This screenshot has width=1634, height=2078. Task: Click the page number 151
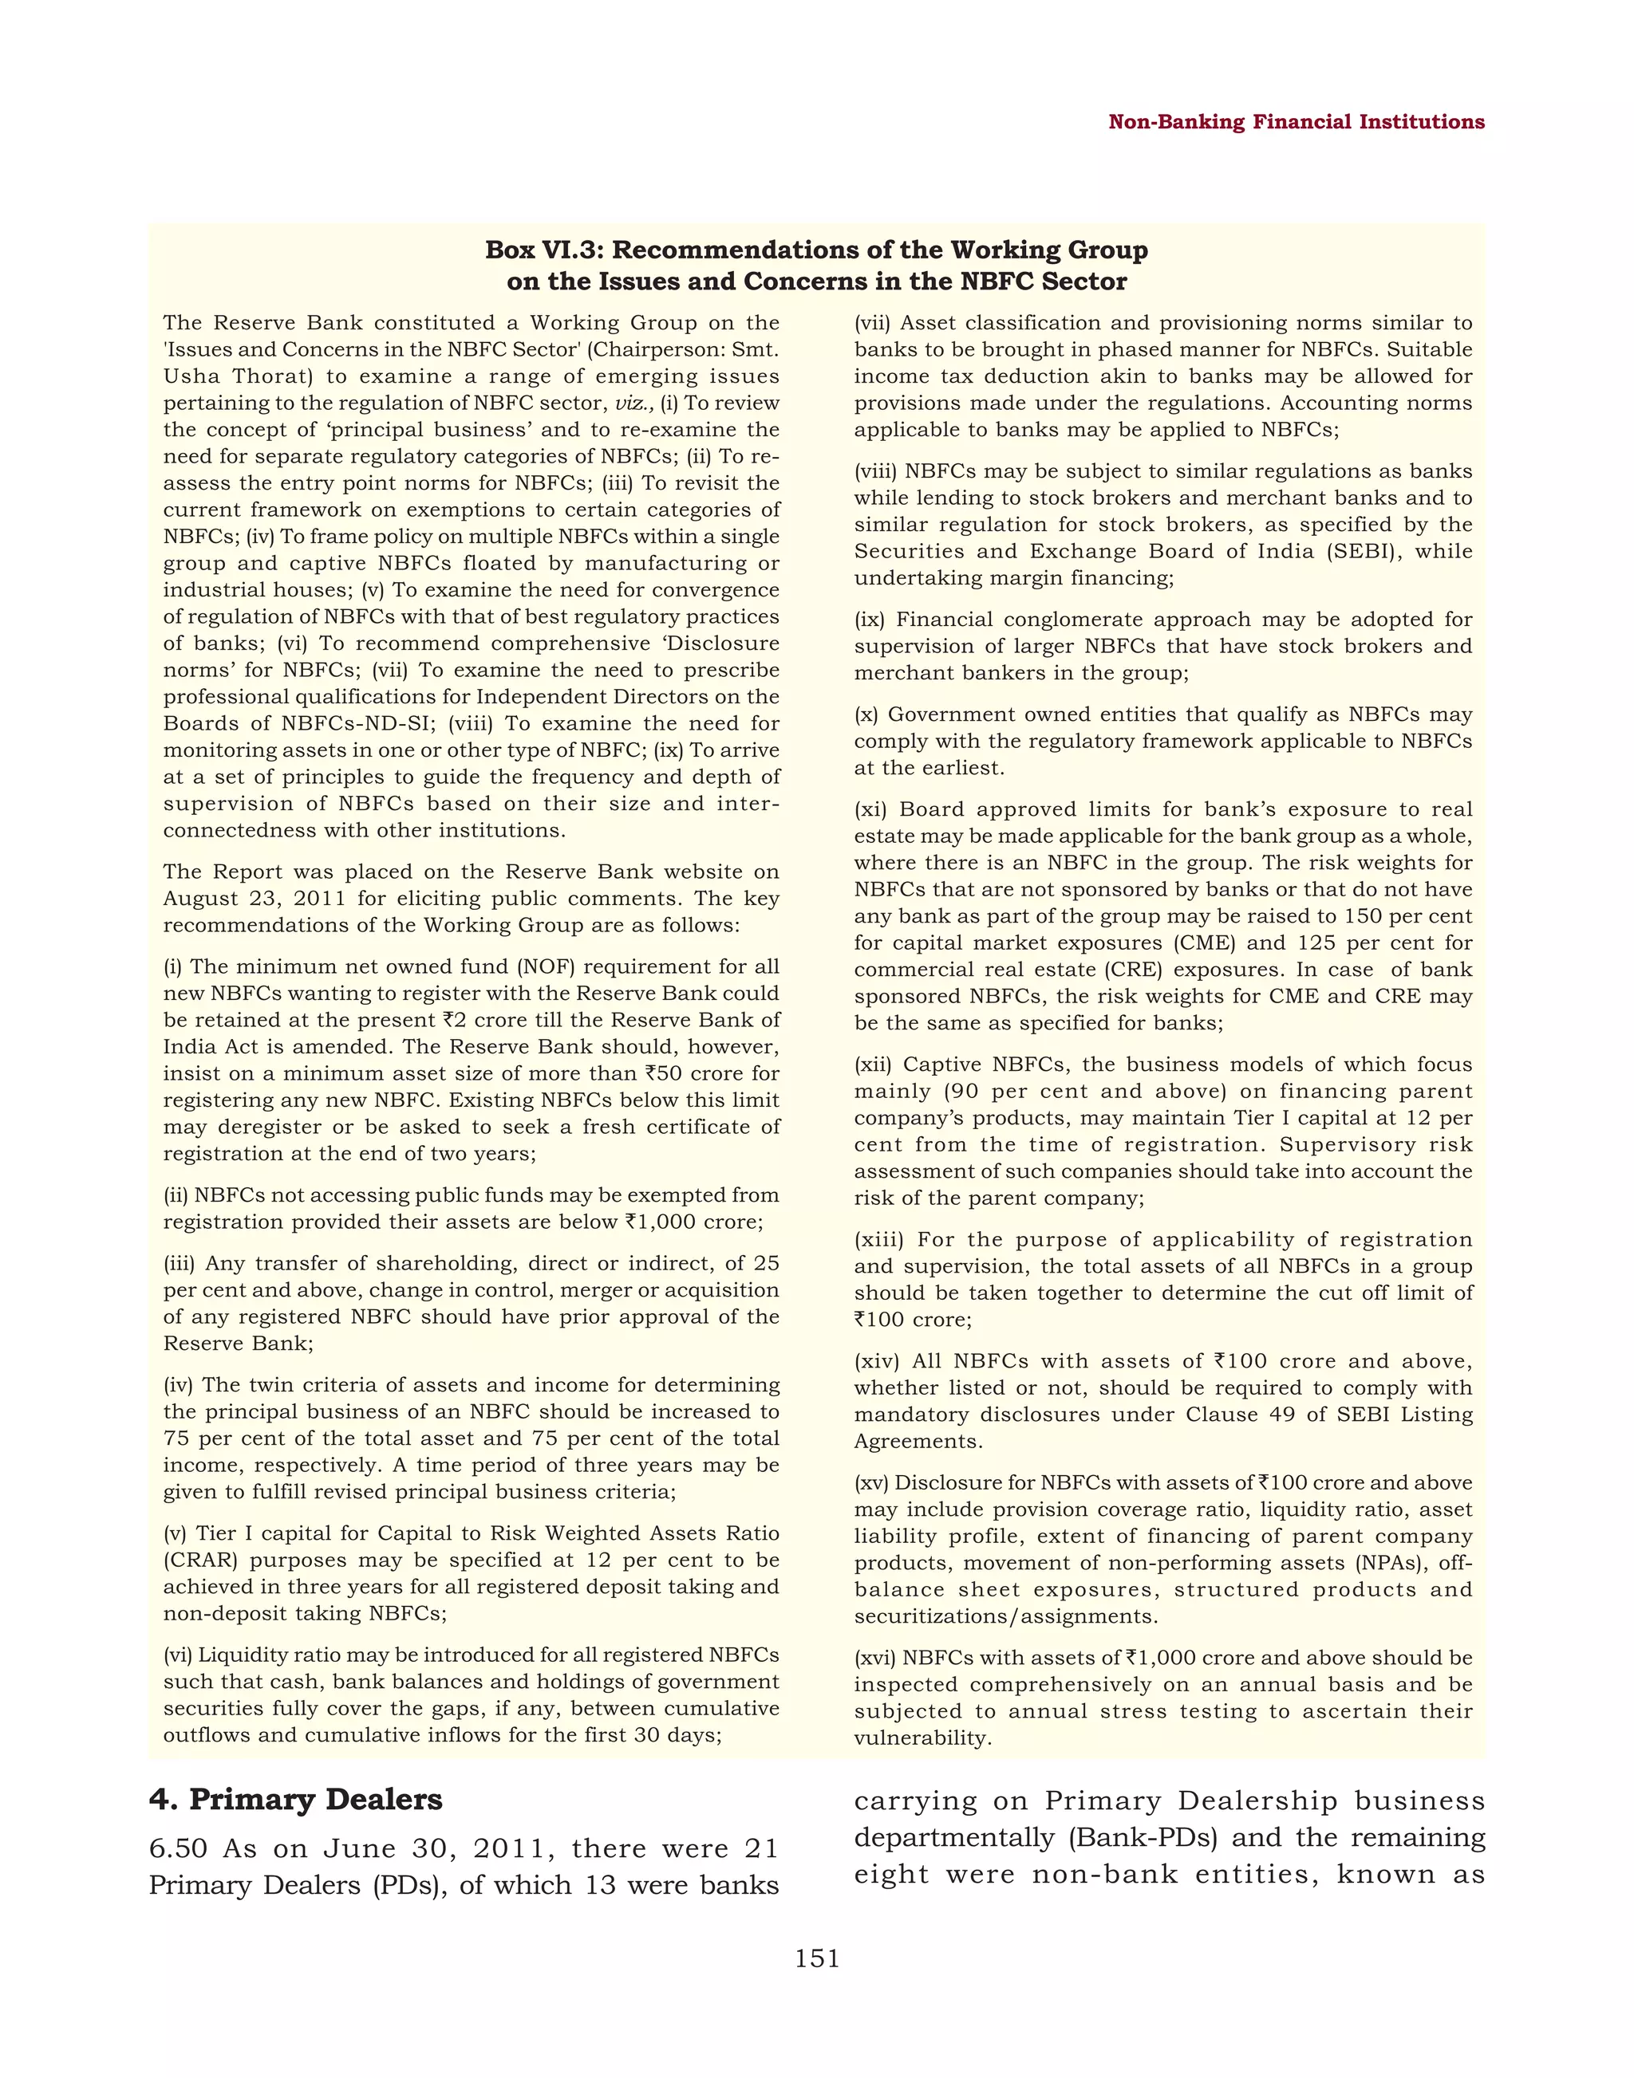(817, 1958)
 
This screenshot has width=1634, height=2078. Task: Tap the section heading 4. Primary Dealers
(296, 1799)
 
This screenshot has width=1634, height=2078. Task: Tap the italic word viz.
(634, 403)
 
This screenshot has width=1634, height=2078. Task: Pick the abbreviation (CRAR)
(200, 1560)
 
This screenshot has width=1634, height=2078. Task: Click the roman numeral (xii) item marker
(874, 1065)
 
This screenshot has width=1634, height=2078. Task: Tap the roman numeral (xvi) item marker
(874, 1659)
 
